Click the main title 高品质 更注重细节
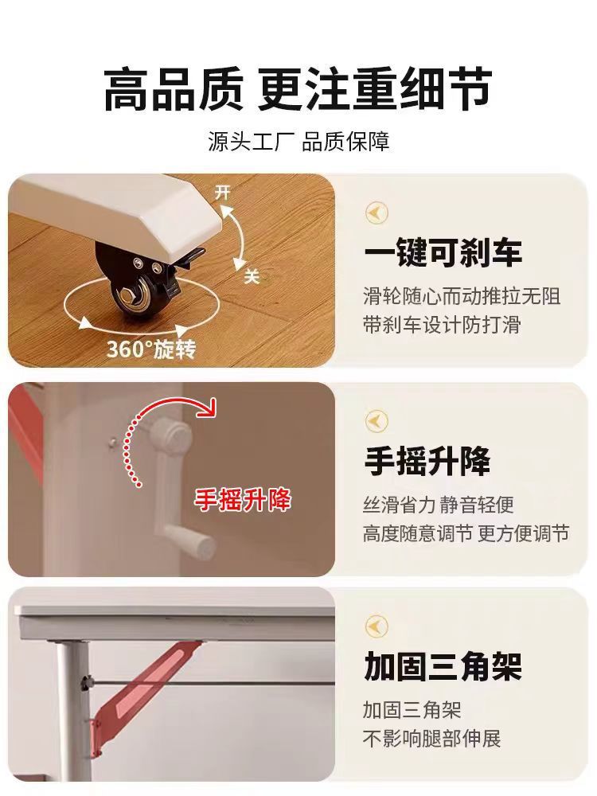pyautogui.click(x=298, y=90)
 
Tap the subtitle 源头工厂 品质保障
pyautogui.click(x=298, y=143)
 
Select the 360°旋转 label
pyautogui.click(x=151, y=349)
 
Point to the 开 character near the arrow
pyautogui.click(x=223, y=193)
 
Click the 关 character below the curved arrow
pyautogui.click(x=252, y=275)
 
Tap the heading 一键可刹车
pyautogui.click(x=443, y=252)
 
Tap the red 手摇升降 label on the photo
pyautogui.click(x=243, y=500)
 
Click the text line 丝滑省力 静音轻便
pyautogui.click(x=438, y=505)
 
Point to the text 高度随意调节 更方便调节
pyautogui.click(x=466, y=533)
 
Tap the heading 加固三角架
pyautogui.click(x=443, y=666)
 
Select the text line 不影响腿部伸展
pyautogui.click(x=431, y=738)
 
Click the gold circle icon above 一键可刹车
pyautogui.click(x=377, y=213)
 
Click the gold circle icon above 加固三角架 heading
pyautogui.click(x=377, y=626)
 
